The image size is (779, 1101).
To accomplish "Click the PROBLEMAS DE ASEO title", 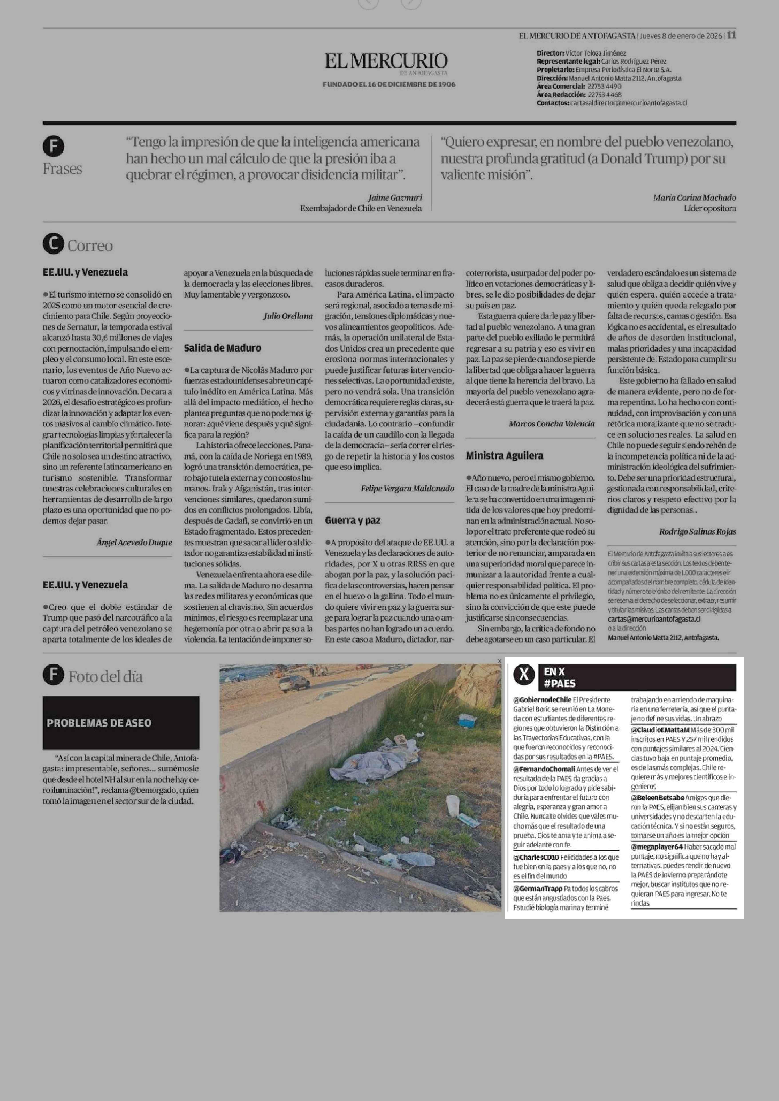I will tap(99, 722).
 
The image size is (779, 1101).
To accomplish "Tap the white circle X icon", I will tap(525, 675).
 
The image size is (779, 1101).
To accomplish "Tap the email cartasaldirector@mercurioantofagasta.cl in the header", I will tap(628, 103).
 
